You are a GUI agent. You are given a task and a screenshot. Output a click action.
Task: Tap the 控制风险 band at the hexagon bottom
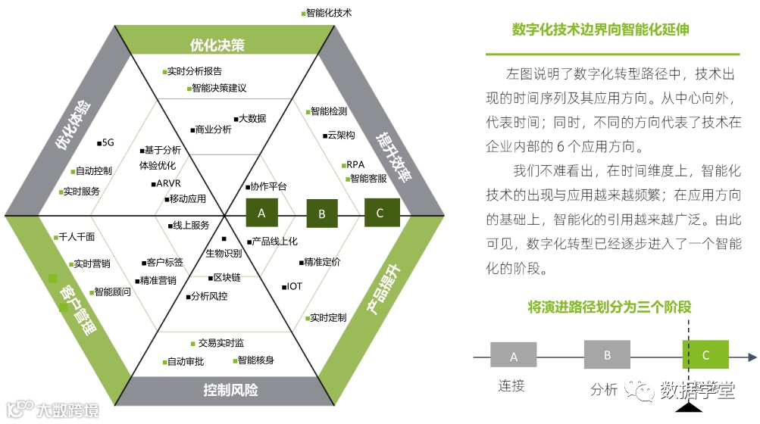(230, 390)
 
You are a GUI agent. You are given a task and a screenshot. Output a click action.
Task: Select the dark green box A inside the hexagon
(261, 214)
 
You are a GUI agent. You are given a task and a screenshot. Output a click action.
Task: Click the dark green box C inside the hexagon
(381, 213)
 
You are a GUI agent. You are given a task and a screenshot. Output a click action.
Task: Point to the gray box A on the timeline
(514, 356)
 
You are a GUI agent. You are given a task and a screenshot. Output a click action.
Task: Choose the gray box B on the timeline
(607, 354)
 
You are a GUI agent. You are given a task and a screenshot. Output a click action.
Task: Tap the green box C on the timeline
(705, 354)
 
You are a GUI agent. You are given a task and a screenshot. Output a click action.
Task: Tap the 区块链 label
(227, 278)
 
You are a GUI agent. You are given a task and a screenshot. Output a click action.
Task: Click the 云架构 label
(339, 135)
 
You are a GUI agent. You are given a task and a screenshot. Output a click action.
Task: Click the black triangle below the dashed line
(688, 409)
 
